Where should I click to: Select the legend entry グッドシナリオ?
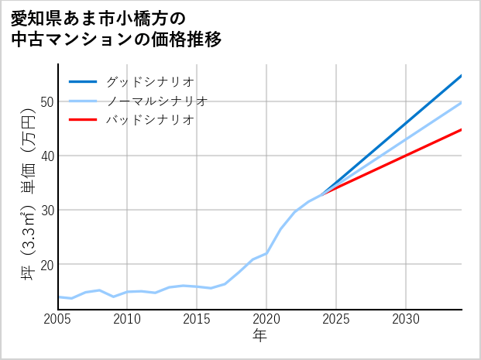coord(149,81)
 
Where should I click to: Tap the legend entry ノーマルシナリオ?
coord(156,101)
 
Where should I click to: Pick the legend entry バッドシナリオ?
coord(149,120)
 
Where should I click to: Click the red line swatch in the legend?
coord(83,120)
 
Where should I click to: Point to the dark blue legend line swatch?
coord(83,81)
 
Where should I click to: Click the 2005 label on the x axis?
coord(58,319)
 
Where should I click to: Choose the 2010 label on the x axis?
coord(128,319)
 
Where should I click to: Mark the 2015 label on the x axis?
coord(198,319)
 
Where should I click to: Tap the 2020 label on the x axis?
coord(266,319)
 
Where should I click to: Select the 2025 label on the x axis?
coord(336,319)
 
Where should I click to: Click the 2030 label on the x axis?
coord(406,319)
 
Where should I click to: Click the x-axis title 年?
coord(260,336)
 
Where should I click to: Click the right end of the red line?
coord(462,129)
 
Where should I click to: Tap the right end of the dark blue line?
coord(462,75)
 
